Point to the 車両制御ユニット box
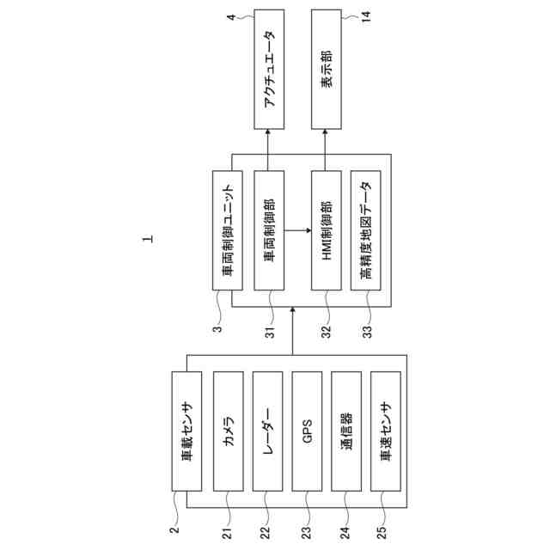(227, 229)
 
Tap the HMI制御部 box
(326, 229)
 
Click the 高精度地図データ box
(366, 229)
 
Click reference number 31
(267, 329)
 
